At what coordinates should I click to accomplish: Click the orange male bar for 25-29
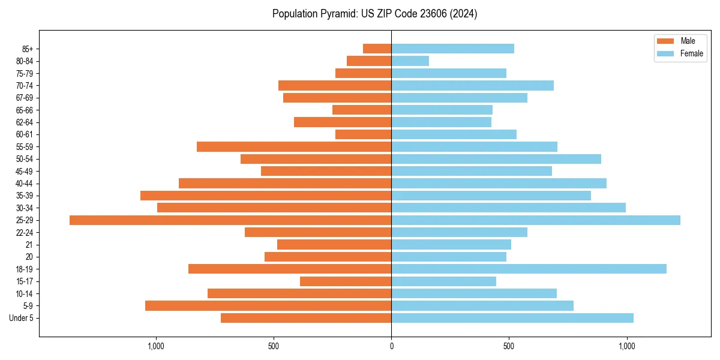click(x=230, y=220)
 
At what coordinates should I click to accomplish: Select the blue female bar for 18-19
click(x=529, y=269)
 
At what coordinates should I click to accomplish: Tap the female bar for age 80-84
click(x=410, y=61)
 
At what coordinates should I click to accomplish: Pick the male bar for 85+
click(x=377, y=49)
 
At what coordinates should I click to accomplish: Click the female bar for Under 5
click(x=512, y=318)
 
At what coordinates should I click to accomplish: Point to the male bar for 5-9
click(x=268, y=305)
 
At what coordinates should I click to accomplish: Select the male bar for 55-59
click(x=294, y=146)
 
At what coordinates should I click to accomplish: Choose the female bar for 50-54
click(x=496, y=159)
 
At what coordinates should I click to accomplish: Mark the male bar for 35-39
click(x=266, y=196)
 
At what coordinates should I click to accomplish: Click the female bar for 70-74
click(x=472, y=85)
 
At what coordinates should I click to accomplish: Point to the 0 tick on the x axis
click(x=391, y=346)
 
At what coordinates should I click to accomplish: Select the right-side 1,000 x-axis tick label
click(x=626, y=346)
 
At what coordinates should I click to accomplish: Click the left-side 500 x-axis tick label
click(x=274, y=346)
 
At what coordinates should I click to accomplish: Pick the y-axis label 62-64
click(x=24, y=122)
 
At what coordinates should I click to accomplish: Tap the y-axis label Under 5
click(x=22, y=318)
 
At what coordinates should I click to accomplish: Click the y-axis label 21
click(x=29, y=245)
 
